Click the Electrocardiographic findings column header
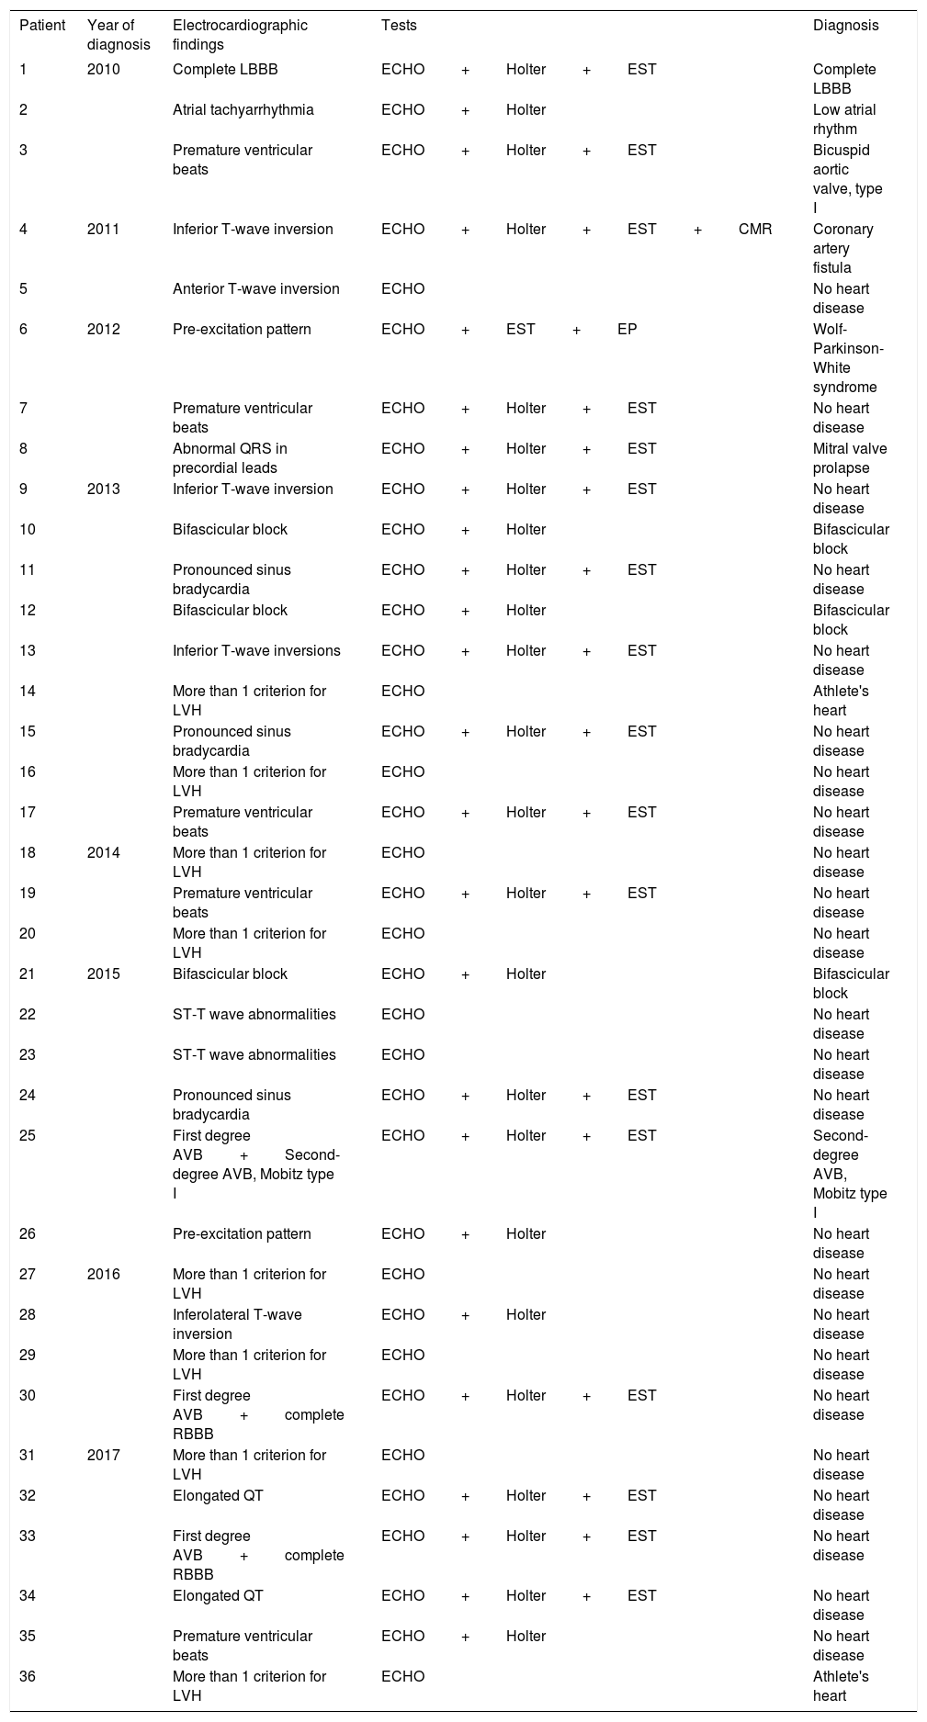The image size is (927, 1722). pos(240,35)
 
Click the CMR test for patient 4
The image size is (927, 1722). pos(754,230)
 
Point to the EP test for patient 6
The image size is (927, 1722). pos(627,329)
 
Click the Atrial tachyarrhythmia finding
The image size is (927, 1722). pos(243,110)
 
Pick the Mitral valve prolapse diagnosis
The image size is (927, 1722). pos(850,458)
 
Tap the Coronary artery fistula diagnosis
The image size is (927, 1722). pos(843,249)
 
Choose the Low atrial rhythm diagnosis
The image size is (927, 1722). pos(844,119)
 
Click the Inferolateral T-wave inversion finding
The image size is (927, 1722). pos(237,1324)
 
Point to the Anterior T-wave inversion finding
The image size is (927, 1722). pos(255,289)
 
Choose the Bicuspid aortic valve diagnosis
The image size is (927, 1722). pos(847,179)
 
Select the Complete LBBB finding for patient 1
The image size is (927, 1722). pos(224,70)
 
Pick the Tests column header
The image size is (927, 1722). pos(399,26)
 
